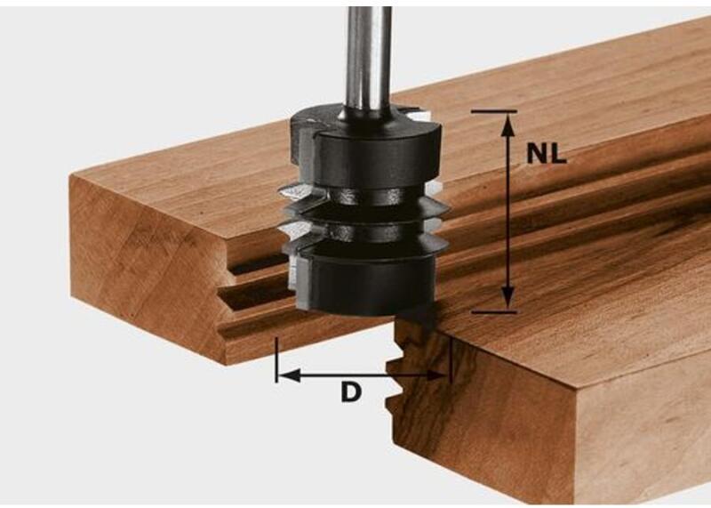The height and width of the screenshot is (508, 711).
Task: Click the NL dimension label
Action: click(547, 154)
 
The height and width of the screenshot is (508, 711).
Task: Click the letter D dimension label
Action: click(351, 392)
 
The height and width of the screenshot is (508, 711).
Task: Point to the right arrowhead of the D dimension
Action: click(436, 376)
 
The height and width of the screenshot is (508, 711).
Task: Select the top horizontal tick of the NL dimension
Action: click(494, 111)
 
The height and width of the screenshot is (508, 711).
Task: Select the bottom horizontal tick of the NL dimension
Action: click(494, 312)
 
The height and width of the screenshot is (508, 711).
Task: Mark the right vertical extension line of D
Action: click(451, 361)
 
